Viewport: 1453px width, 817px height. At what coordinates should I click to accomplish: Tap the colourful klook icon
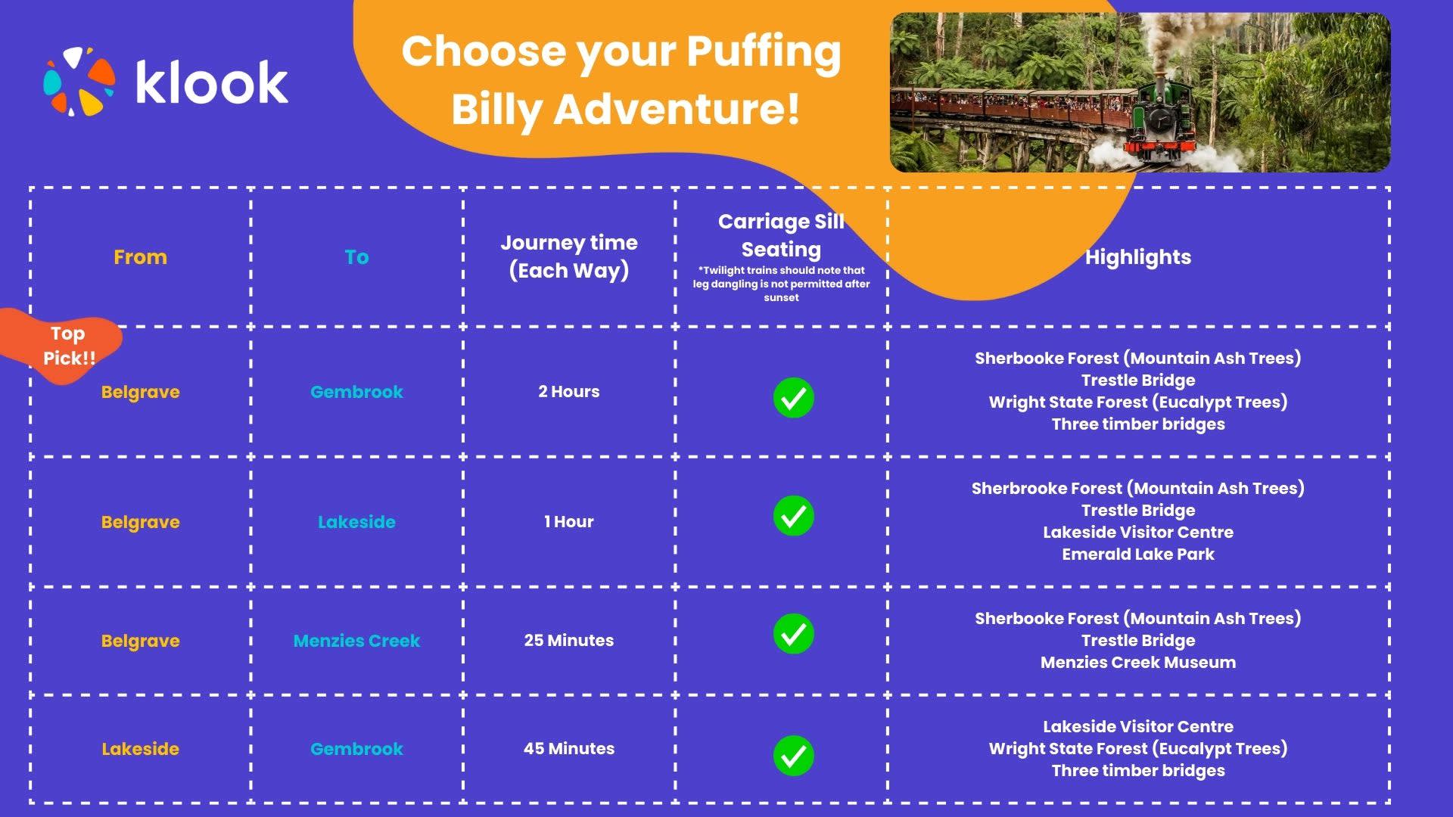79,82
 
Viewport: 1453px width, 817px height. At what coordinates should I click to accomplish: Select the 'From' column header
140,257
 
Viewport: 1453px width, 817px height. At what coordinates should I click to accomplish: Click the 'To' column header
356,257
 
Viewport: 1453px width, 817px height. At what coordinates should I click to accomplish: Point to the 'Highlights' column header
1138,257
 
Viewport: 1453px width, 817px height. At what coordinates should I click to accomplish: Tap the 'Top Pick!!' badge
64,346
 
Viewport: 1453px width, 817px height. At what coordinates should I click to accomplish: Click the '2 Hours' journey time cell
569,392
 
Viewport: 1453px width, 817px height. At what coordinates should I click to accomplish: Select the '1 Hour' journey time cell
569,522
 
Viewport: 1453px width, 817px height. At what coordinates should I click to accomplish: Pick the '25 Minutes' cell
569,641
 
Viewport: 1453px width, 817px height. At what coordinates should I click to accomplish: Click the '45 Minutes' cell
569,749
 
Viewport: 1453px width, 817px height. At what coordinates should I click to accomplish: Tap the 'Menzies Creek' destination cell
356,641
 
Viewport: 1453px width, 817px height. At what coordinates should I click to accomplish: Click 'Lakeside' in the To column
356,522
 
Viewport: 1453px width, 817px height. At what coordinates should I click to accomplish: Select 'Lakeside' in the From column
140,749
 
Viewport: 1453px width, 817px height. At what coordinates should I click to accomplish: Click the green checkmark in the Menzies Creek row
794,634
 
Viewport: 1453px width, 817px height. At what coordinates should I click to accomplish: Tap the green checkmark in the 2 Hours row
794,398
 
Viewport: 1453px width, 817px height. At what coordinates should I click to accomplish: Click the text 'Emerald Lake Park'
1138,555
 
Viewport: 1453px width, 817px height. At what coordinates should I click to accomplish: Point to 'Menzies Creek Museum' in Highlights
1138,663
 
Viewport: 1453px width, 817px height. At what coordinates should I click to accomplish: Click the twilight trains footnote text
782,284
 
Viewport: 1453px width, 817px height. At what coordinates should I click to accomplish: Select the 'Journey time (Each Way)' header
569,256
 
